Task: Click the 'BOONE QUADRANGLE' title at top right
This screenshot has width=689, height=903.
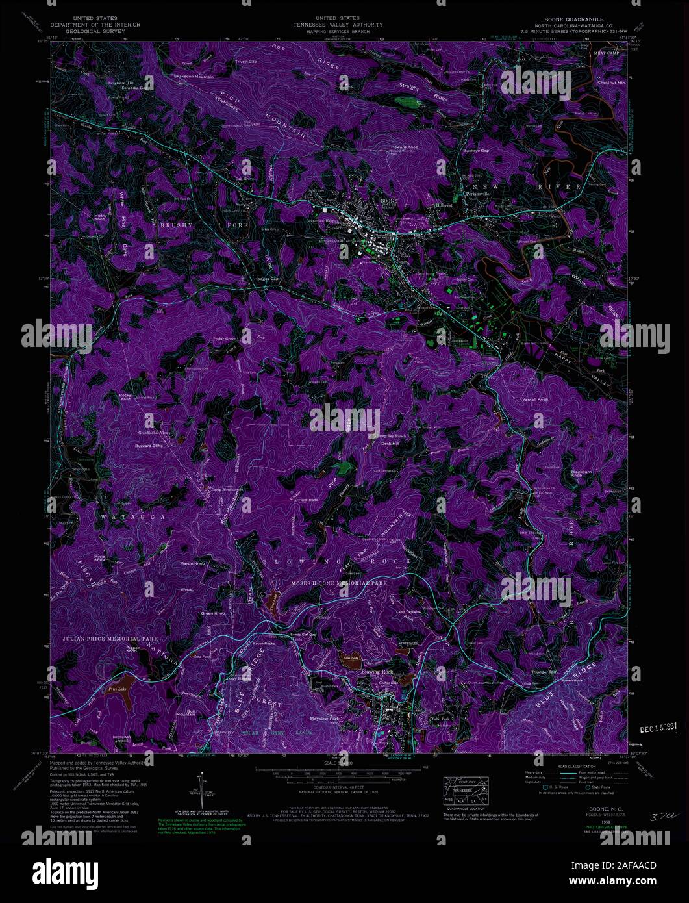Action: [562, 19]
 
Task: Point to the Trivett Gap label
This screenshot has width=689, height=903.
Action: [245, 62]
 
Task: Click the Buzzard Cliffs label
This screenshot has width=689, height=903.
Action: [148, 446]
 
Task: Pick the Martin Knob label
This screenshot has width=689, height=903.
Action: [193, 563]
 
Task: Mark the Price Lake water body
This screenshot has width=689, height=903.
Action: [118, 688]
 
